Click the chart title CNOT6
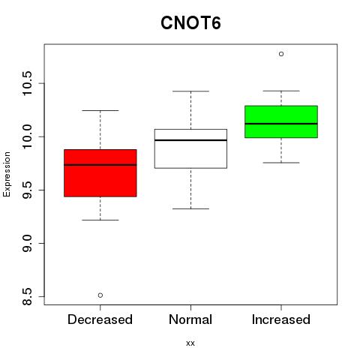click(190, 23)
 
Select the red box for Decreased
click(100, 173)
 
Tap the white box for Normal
click(190, 148)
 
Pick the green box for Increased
click(281, 121)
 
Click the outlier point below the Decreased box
click(100, 295)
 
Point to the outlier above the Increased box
click(281, 54)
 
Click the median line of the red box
click(100, 165)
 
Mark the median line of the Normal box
click(190, 140)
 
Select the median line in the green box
click(281, 124)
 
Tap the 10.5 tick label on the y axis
click(27, 83)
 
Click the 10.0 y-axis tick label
click(27, 136)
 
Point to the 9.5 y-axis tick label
click(27, 190)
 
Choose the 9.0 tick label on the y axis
click(27, 243)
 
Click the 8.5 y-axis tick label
click(27, 296)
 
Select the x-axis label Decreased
click(100, 319)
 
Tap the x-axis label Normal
click(190, 319)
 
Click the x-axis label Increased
click(281, 319)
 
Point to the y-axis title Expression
click(7, 174)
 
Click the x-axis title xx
click(190, 343)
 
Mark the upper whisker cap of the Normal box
click(190, 91)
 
